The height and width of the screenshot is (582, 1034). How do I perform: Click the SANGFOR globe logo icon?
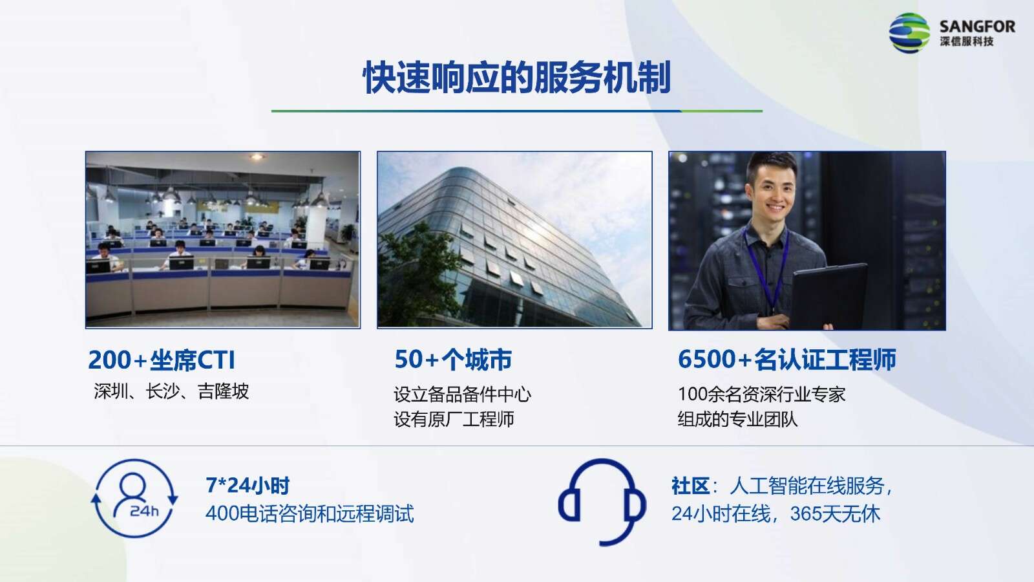(909, 33)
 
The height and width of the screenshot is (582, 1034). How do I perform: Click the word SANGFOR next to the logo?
(977, 27)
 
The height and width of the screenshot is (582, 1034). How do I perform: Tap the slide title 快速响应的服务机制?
(516, 78)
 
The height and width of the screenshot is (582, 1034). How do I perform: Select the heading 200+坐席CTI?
(162, 360)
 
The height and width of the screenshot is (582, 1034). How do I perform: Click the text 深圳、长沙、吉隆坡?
(171, 391)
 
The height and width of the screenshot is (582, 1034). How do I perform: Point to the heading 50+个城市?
(453, 360)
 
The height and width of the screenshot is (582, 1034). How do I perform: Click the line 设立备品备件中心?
(463, 394)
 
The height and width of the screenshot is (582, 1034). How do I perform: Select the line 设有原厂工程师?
(454, 419)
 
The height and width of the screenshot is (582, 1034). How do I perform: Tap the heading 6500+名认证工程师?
(787, 360)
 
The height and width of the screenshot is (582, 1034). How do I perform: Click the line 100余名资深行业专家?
(762, 394)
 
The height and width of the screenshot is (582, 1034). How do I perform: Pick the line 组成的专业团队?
(737, 419)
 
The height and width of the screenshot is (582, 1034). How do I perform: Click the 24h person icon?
(134, 499)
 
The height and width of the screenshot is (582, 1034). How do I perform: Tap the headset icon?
(602, 502)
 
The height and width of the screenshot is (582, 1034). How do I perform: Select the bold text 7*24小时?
(248, 486)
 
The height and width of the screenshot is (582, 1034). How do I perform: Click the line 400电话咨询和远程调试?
(310, 513)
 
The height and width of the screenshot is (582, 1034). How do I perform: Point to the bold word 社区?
(691, 486)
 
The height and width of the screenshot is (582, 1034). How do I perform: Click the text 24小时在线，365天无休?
(776, 513)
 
